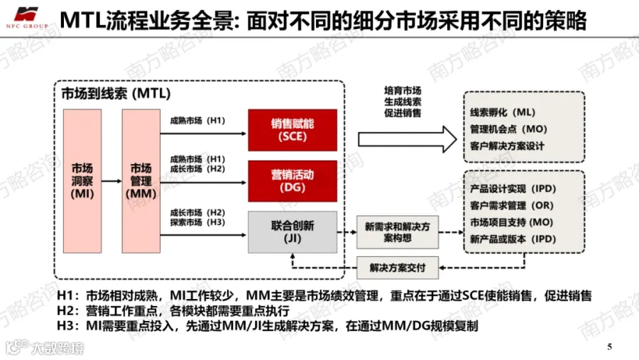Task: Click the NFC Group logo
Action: [27, 18]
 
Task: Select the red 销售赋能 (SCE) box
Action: [293, 130]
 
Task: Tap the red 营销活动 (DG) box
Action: [293, 181]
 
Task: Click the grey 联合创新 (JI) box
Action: [293, 232]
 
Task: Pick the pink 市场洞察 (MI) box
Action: [82, 181]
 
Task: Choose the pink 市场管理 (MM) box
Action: [141, 181]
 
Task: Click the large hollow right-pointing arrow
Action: [407, 139]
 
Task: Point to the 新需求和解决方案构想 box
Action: [398, 232]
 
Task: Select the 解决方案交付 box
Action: [398, 268]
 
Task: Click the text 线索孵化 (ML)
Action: [503, 112]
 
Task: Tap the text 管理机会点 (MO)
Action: [508, 129]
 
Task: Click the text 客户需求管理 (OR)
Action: [512, 205]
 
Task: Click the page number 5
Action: [610, 347]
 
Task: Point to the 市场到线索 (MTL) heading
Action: [116, 93]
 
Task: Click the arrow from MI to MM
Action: [111, 181]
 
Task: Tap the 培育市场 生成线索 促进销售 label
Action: [403, 102]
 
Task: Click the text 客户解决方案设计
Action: [508, 146]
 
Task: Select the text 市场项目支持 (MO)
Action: [512, 222]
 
